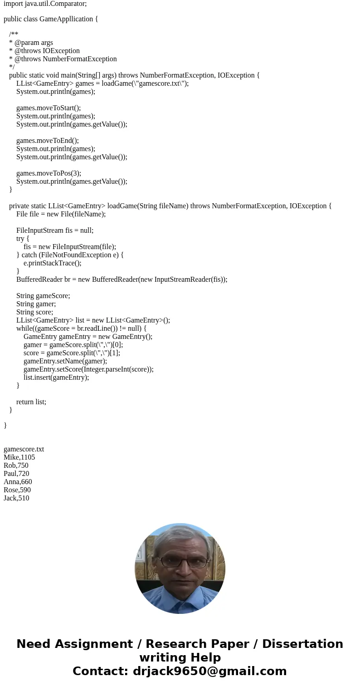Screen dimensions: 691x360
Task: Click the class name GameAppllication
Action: (67, 19)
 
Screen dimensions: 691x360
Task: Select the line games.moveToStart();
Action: (49, 108)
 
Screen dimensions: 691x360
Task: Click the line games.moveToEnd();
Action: (48, 141)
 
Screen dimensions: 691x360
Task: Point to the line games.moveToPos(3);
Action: (49, 173)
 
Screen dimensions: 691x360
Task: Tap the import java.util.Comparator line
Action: (45, 4)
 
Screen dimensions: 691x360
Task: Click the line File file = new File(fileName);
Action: (61, 214)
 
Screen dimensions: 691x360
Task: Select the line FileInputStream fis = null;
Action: (55, 230)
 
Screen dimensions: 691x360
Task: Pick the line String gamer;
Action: (36, 304)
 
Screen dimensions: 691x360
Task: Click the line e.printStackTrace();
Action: (53, 263)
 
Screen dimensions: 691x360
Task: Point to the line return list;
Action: (31, 402)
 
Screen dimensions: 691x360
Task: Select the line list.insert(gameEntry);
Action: (56, 377)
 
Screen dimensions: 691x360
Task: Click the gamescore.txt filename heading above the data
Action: (24, 449)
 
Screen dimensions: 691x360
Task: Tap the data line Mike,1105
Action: (19, 457)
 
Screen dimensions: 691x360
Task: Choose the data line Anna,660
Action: (18, 482)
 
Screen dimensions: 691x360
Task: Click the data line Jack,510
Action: (16, 498)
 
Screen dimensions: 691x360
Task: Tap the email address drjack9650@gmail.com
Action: (209, 671)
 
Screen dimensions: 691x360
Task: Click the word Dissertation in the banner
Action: (302, 644)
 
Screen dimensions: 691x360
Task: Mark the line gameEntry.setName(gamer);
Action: (65, 361)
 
